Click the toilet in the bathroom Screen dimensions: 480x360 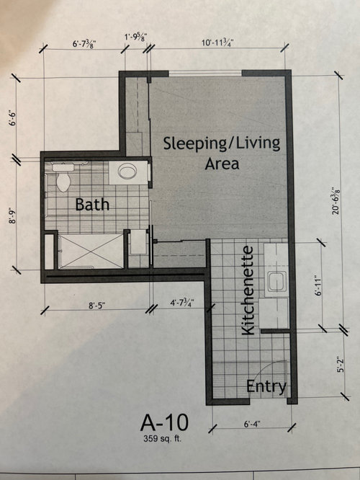coord(63,177)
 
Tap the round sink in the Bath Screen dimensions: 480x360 coord(127,172)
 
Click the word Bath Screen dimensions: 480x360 coord(93,205)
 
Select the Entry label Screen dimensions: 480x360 coord(266,386)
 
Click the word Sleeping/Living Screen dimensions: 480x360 coord(221,142)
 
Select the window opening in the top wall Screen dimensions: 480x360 coord(204,73)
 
